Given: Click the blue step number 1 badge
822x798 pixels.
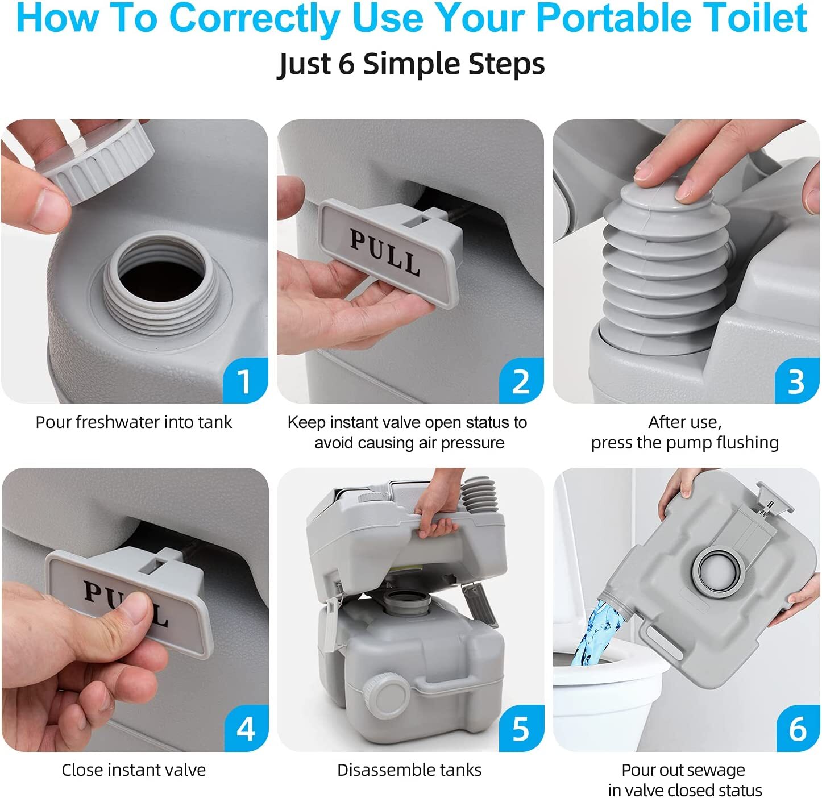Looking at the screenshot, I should (245, 381).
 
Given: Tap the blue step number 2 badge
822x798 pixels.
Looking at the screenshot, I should (521, 381).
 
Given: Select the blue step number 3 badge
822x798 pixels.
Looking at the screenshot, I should (796, 381).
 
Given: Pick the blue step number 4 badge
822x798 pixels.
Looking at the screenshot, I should (246, 729).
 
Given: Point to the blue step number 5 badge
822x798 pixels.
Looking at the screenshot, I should (521, 729).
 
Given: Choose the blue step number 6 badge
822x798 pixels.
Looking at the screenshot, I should (797, 729).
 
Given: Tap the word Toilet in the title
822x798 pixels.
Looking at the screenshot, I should (763, 18).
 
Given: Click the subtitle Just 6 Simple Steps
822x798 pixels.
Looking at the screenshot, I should (411, 64).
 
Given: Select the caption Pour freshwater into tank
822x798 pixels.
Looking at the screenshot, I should (134, 422).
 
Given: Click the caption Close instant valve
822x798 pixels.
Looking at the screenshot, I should (134, 770).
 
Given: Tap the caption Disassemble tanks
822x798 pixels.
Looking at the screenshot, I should (409, 770).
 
